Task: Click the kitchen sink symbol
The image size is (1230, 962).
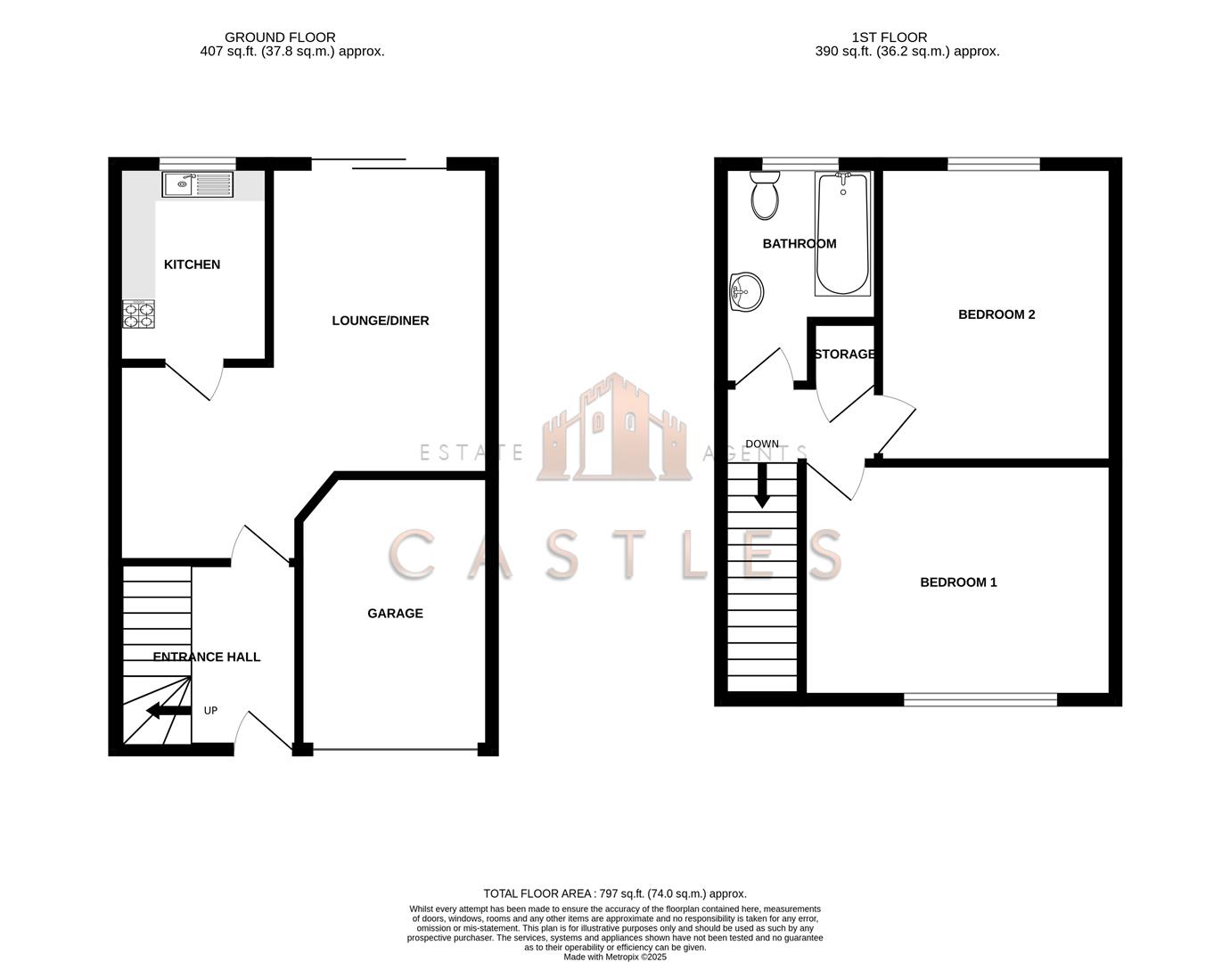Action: click(197, 184)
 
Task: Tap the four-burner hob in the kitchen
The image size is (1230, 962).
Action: click(138, 314)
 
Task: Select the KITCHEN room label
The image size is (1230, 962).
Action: click(192, 265)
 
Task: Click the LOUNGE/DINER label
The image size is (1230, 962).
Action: click(380, 321)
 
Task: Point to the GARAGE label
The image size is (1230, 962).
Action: click(395, 614)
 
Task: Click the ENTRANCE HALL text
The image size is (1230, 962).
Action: click(207, 657)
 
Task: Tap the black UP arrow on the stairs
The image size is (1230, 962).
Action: click(168, 710)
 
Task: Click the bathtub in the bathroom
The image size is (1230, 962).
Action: click(842, 234)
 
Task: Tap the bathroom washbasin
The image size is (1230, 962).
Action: click(746, 292)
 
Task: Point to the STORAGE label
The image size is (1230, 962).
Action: click(844, 355)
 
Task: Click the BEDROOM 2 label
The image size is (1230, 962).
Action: click(996, 314)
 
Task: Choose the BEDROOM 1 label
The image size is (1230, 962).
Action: click(958, 583)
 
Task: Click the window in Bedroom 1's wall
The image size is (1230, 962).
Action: click(980, 699)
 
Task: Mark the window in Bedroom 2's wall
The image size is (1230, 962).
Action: click(993, 164)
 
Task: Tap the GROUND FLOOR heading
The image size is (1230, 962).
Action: click(280, 37)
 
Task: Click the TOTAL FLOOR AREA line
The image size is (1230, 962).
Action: click(614, 893)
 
